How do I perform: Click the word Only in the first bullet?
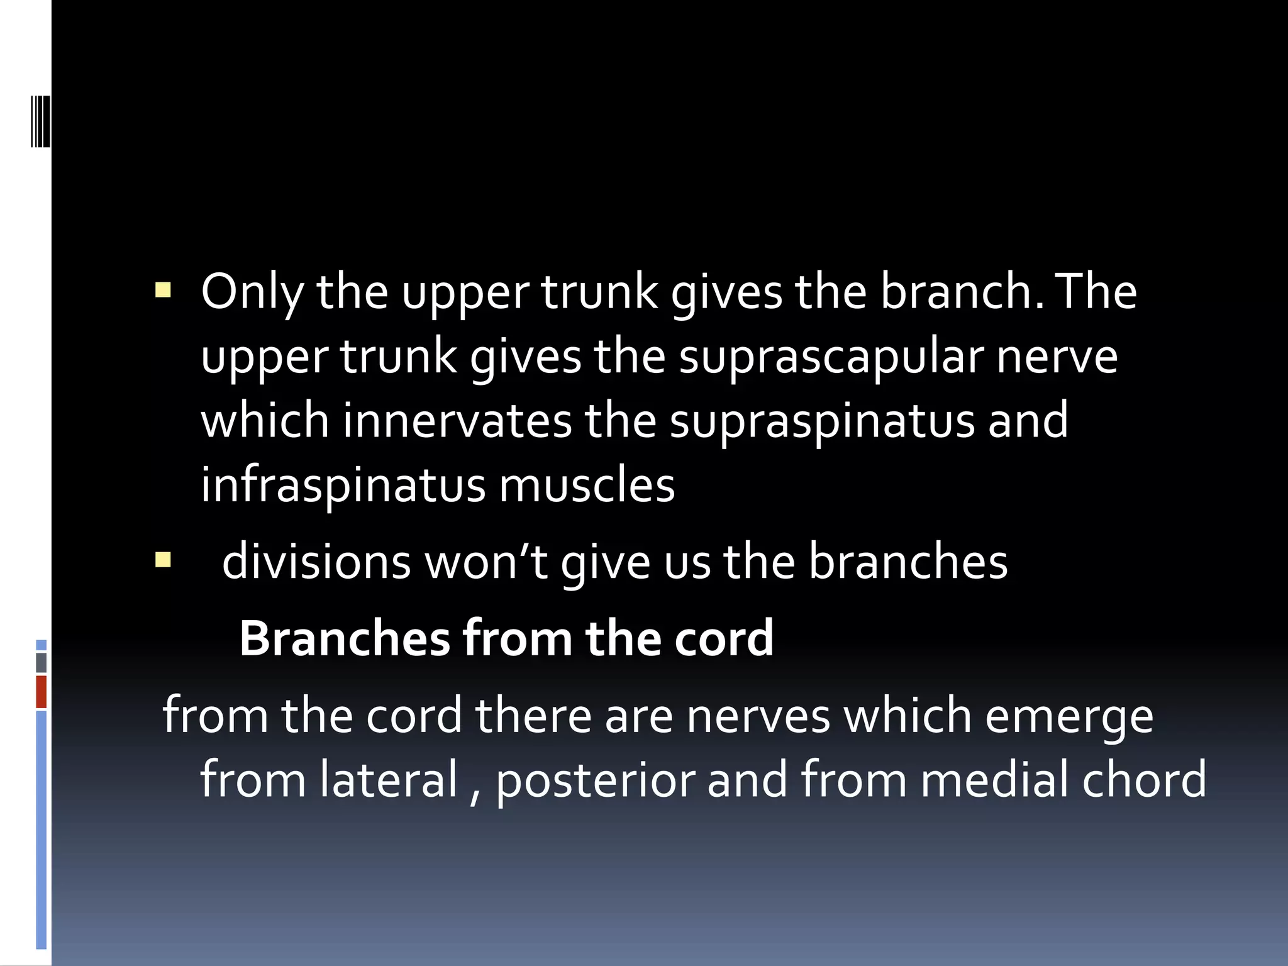coord(251,293)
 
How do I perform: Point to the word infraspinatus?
coord(343,486)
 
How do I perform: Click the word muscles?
coord(587,486)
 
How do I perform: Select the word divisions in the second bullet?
coord(316,562)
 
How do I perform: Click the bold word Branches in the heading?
coord(345,639)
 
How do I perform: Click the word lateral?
coord(389,780)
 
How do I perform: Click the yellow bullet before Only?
coord(163,290)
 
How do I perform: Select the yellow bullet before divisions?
coord(163,559)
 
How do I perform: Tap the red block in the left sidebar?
coord(42,692)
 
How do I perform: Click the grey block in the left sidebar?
coord(42,663)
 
